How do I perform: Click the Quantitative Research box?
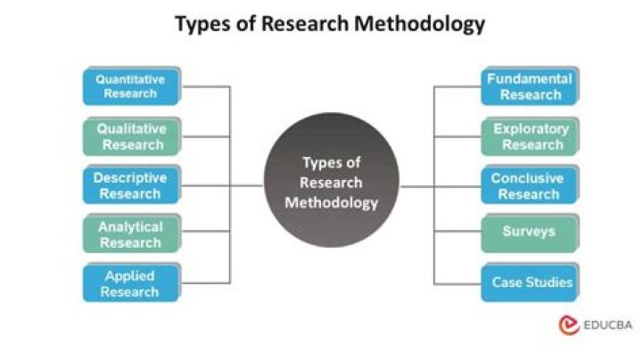tap(132, 86)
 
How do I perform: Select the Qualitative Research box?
tap(132, 136)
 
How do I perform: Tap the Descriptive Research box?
tap(132, 185)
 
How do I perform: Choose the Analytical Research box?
tap(132, 233)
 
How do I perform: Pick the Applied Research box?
tap(132, 282)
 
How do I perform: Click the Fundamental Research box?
tap(531, 86)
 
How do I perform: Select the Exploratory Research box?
tap(531, 136)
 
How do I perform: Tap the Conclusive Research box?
tap(531, 185)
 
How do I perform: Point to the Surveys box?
tap(531, 233)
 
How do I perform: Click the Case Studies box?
tap(531, 282)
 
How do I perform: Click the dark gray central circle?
tap(332, 180)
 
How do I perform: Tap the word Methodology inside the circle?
tap(332, 203)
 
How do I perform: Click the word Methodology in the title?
tap(420, 24)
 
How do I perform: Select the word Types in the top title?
tap(202, 25)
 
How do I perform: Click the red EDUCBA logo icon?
tap(569, 325)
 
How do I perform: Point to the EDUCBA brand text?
tap(608, 325)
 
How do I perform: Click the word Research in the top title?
tap(305, 23)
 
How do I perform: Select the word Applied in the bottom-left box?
tap(130, 276)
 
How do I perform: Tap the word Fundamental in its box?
tap(530, 78)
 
